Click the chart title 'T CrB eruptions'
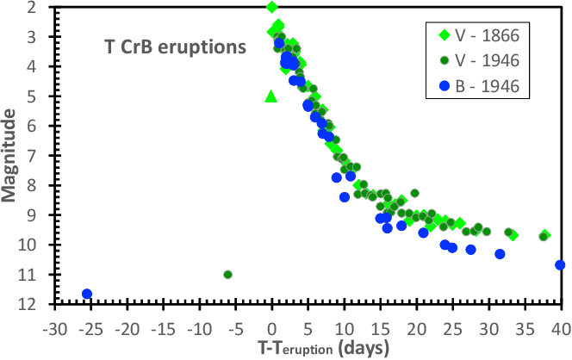(x=171, y=48)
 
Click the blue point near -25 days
(x=87, y=294)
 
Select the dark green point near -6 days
(x=227, y=275)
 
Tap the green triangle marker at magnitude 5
(x=270, y=96)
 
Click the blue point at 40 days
(x=560, y=265)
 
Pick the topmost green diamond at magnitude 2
(x=272, y=8)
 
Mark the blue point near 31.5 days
(x=500, y=254)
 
